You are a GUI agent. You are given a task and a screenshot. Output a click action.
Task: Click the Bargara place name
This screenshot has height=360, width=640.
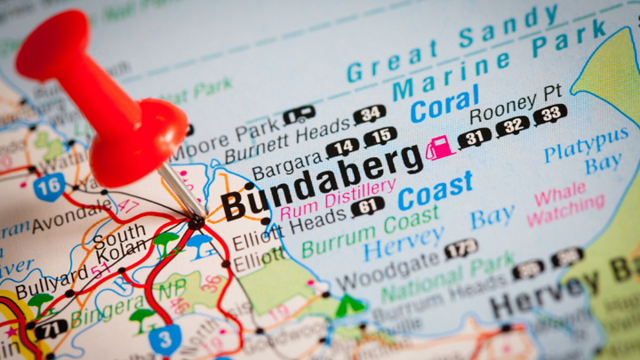286,163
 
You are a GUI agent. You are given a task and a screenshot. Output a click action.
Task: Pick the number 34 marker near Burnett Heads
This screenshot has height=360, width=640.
369,115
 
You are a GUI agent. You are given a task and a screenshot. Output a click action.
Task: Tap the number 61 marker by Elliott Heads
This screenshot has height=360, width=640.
367,206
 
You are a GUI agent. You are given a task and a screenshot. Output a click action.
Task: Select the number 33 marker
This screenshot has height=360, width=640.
550,114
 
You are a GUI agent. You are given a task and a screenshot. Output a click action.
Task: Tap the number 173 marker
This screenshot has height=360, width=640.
460,248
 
